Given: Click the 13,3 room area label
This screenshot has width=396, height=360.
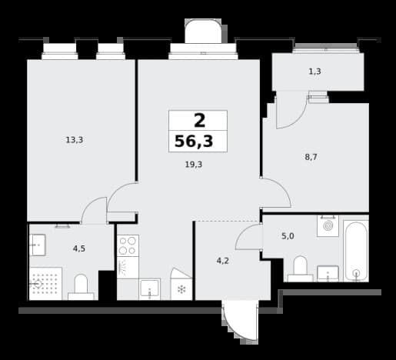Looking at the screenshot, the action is coord(75,140).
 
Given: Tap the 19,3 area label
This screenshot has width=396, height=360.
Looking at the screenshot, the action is coord(194,165).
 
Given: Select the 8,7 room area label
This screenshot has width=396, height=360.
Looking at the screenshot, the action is coord(311,157).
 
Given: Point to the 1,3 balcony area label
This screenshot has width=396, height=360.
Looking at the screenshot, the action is coord(314,72).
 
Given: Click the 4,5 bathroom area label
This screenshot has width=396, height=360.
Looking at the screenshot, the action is coord(79,248).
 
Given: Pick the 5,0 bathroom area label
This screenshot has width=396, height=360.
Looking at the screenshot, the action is coord(288,236).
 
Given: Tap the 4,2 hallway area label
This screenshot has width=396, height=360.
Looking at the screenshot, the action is coord(222,261).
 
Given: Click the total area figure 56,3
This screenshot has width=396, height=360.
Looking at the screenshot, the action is coord(194,142).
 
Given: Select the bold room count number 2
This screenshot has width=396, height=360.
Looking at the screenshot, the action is coord(200,121).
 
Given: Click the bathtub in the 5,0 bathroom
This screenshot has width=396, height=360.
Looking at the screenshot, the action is coord(356,252).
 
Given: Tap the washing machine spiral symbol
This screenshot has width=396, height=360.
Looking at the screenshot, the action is coord(328,226).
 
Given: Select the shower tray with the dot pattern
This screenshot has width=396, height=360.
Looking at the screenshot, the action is coord(45,284).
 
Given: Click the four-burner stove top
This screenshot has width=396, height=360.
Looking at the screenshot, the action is coord(128,245).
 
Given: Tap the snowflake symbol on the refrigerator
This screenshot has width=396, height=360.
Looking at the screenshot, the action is coord(181,290).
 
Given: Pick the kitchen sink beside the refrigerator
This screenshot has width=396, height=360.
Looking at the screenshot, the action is coord(150,289).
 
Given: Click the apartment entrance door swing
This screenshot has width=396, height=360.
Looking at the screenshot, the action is coord(241,322).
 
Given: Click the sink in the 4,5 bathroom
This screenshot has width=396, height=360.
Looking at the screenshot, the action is coord(38,245).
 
